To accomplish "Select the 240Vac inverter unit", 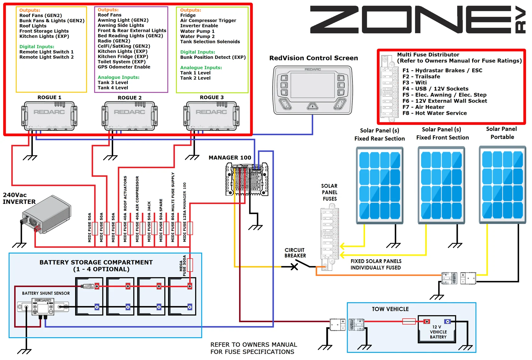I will point(46,214).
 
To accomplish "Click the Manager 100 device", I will point(247,179).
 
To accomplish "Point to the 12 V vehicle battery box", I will point(437,329).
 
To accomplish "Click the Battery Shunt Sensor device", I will point(43,306).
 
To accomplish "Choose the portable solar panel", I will point(502,185).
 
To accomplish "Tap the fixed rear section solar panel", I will point(380,185).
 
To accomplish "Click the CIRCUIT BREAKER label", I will point(295,253).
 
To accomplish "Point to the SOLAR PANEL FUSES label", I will point(329,192).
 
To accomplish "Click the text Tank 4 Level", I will point(113,88).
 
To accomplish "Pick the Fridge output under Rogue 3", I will point(188,15).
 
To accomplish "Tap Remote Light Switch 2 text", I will point(46,57).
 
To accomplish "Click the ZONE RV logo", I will point(418,19).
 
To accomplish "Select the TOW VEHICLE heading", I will point(390,309).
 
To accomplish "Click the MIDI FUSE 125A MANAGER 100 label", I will point(185,212).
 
